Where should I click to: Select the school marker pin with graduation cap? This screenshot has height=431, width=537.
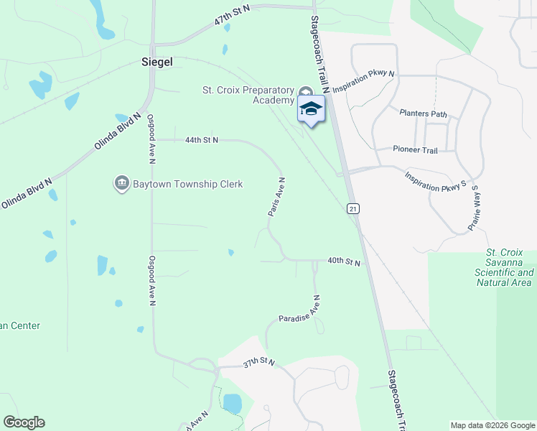click(311, 109)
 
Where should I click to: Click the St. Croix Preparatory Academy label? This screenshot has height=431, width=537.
click(248, 95)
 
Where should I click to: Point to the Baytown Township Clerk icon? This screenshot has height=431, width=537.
click(121, 184)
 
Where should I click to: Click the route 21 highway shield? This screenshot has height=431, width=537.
click(352, 208)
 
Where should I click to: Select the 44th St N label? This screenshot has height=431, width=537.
click(201, 140)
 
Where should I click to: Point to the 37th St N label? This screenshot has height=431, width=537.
click(259, 363)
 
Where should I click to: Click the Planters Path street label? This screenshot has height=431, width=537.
click(423, 113)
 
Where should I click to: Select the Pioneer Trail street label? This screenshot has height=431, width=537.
click(415, 149)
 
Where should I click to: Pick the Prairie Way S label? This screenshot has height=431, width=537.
click(473, 208)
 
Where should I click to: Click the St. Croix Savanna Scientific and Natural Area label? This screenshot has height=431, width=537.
click(504, 268)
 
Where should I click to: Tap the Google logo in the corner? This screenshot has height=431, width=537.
click(24, 422)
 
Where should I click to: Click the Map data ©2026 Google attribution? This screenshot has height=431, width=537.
click(492, 425)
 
